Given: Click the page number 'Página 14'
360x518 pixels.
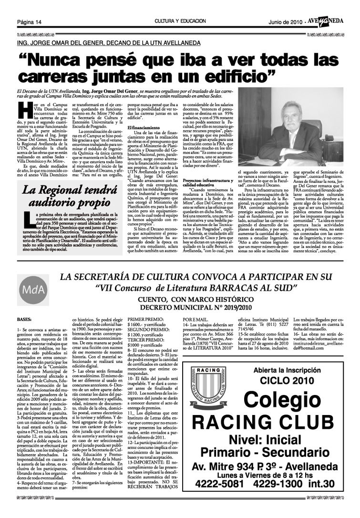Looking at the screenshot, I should point(30,22).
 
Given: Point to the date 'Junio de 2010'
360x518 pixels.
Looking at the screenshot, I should point(286,22).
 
